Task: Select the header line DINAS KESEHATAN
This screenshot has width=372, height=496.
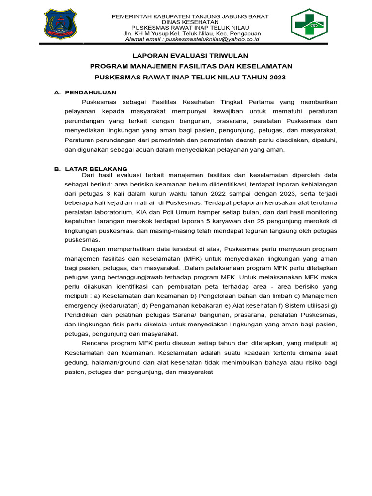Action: click(190, 22)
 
